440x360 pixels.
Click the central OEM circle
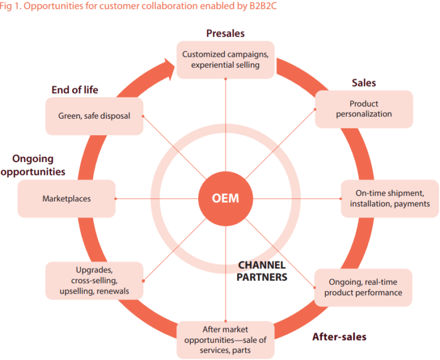[x=226, y=199]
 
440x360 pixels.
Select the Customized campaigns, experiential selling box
[x=225, y=60]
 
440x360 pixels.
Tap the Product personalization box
[x=363, y=109]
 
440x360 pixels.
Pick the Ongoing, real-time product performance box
[x=363, y=287]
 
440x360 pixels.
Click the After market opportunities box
[x=225, y=339]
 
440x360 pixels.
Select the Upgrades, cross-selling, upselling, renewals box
[x=95, y=280]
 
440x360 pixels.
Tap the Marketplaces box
[x=66, y=199]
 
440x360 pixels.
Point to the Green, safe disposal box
[x=95, y=116]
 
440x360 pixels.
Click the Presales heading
[x=225, y=34]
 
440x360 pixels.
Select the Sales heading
[x=364, y=83]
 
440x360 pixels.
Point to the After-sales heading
[x=339, y=336]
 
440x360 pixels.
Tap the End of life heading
[x=74, y=90]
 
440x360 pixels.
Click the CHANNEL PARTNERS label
[x=262, y=271]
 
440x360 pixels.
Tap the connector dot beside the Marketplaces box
[x=116, y=199]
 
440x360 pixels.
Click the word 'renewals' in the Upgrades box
[x=113, y=291]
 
